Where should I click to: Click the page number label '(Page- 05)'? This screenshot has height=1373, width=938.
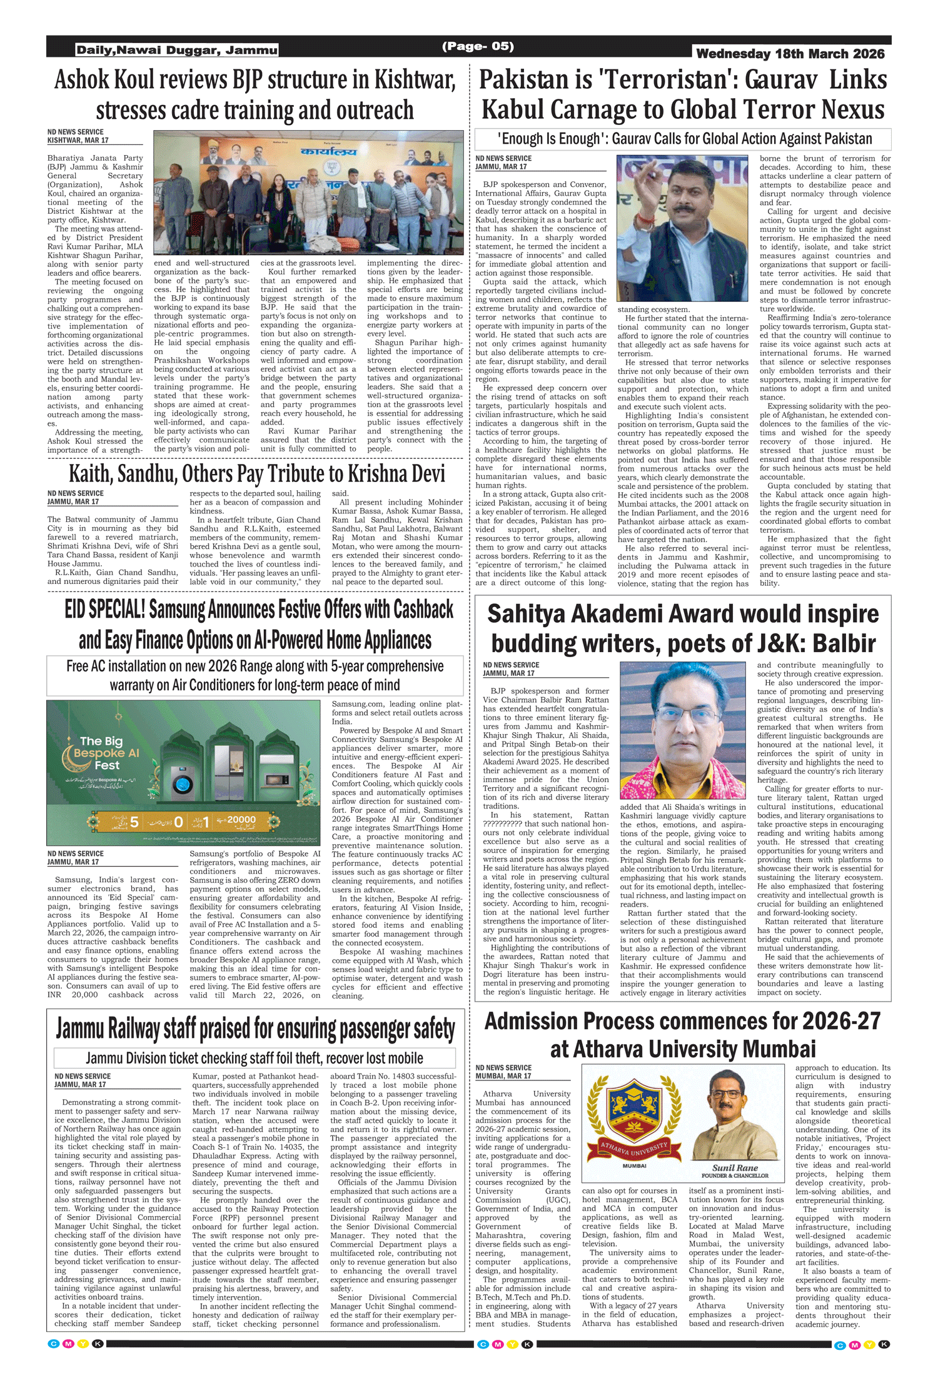click(x=478, y=46)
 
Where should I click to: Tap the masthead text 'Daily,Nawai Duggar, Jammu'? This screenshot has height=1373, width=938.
click(x=177, y=50)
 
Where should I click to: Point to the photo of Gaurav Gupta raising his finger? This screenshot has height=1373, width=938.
click(x=682, y=228)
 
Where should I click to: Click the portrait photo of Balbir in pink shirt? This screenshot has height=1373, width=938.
click(x=682, y=730)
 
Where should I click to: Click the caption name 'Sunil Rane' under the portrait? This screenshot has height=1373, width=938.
click(x=735, y=1167)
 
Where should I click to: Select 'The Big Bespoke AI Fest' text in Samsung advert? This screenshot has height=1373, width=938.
click(x=104, y=753)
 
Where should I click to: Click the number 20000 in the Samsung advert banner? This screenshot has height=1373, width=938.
click(x=241, y=820)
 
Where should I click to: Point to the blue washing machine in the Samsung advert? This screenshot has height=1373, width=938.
click(x=183, y=784)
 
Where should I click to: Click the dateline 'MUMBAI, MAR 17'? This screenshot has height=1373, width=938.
click(x=503, y=1076)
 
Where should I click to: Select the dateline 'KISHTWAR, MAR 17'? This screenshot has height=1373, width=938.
click(x=78, y=141)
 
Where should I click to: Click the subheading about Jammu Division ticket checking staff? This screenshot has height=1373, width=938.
click(x=255, y=1058)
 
